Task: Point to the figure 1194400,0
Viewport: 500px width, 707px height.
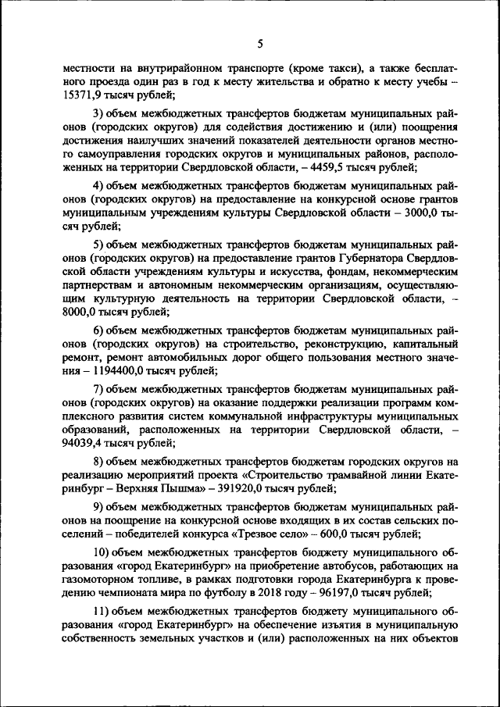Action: point(124,370)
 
